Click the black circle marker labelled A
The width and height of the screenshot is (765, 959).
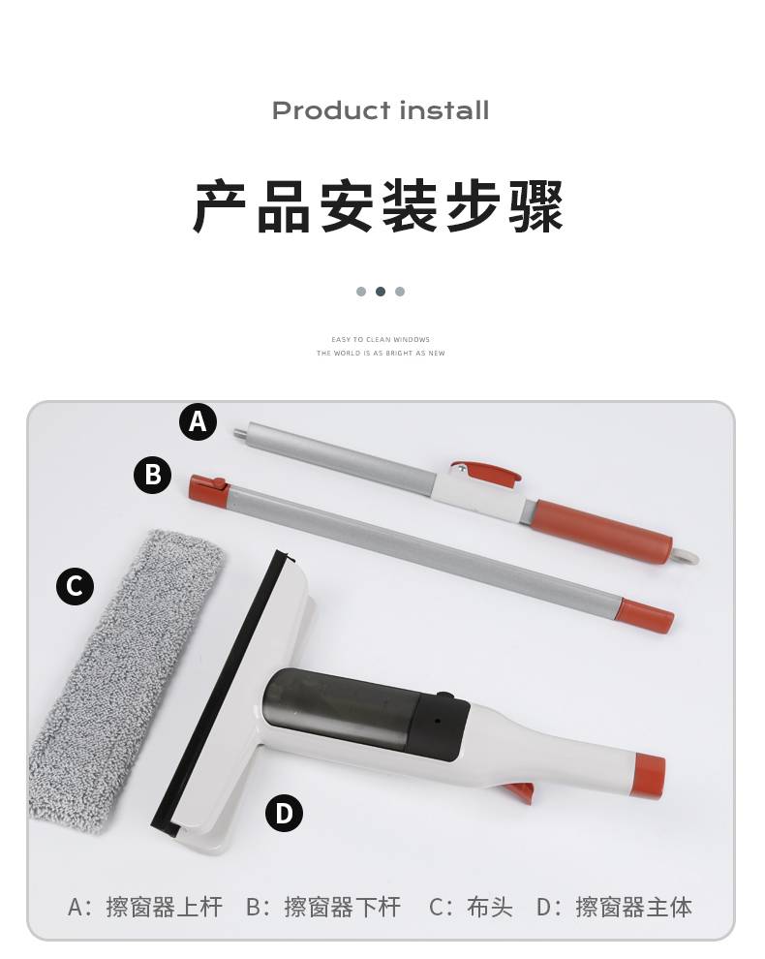point(198,421)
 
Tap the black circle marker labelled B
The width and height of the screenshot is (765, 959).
point(152,475)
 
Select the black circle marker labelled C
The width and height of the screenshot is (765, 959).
point(75,586)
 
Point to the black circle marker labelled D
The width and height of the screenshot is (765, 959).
point(284,813)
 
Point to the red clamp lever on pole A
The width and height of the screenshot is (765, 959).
point(487,472)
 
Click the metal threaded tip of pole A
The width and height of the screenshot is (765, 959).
point(240,433)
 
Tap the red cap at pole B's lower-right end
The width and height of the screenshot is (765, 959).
point(647,614)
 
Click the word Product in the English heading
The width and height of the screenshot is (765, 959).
point(331,110)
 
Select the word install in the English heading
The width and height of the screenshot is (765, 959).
point(444,110)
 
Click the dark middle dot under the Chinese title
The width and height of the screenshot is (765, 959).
point(381,292)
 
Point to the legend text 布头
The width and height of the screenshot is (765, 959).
point(489,907)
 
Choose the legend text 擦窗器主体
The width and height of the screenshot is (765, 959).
point(633,907)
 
